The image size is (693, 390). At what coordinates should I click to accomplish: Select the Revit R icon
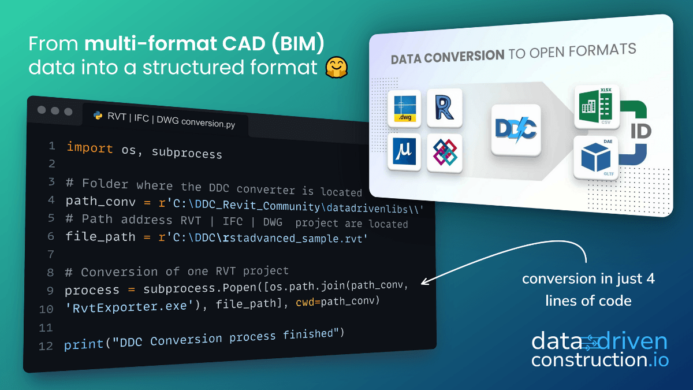pyautogui.click(x=445, y=108)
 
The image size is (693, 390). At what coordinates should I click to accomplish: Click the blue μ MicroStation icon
pyautogui.click(x=405, y=153)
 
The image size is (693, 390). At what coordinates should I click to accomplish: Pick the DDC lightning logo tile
pyautogui.click(x=516, y=130)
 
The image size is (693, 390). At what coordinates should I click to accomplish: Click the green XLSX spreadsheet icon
pyautogui.click(x=597, y=107)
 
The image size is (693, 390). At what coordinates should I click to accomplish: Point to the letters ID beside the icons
pyautogui.click(x=640, y=131)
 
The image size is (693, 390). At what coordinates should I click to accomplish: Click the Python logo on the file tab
pyautogui.click(x=98, y=116)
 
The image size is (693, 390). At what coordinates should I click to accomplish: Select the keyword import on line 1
pyautogui.click(x=90, y=147)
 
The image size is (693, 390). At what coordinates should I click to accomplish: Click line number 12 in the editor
pyautogui.click(x=46, y=346)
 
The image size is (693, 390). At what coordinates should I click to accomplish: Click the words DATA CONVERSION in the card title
pyautogui.click(x=448, y=57)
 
